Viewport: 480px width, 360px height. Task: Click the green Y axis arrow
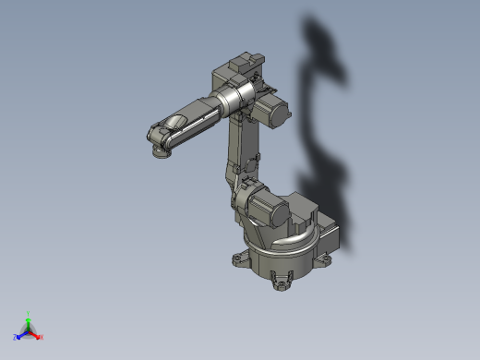(29, 317)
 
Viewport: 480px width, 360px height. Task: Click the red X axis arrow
(40, 337)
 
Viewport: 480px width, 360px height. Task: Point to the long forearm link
(196, 115)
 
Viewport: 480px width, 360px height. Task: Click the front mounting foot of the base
(282, 282)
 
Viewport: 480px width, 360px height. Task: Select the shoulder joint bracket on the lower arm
(245, 198)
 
